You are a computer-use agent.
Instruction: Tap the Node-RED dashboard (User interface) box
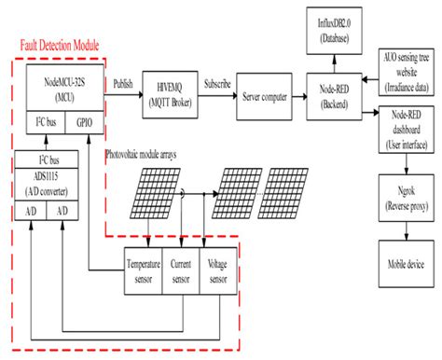point(406,132)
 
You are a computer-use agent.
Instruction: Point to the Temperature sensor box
point(144,270)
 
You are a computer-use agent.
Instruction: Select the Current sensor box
point(181,270)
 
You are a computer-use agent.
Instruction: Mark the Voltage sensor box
point(218,270)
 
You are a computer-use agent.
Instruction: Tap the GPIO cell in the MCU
point(85,121)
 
